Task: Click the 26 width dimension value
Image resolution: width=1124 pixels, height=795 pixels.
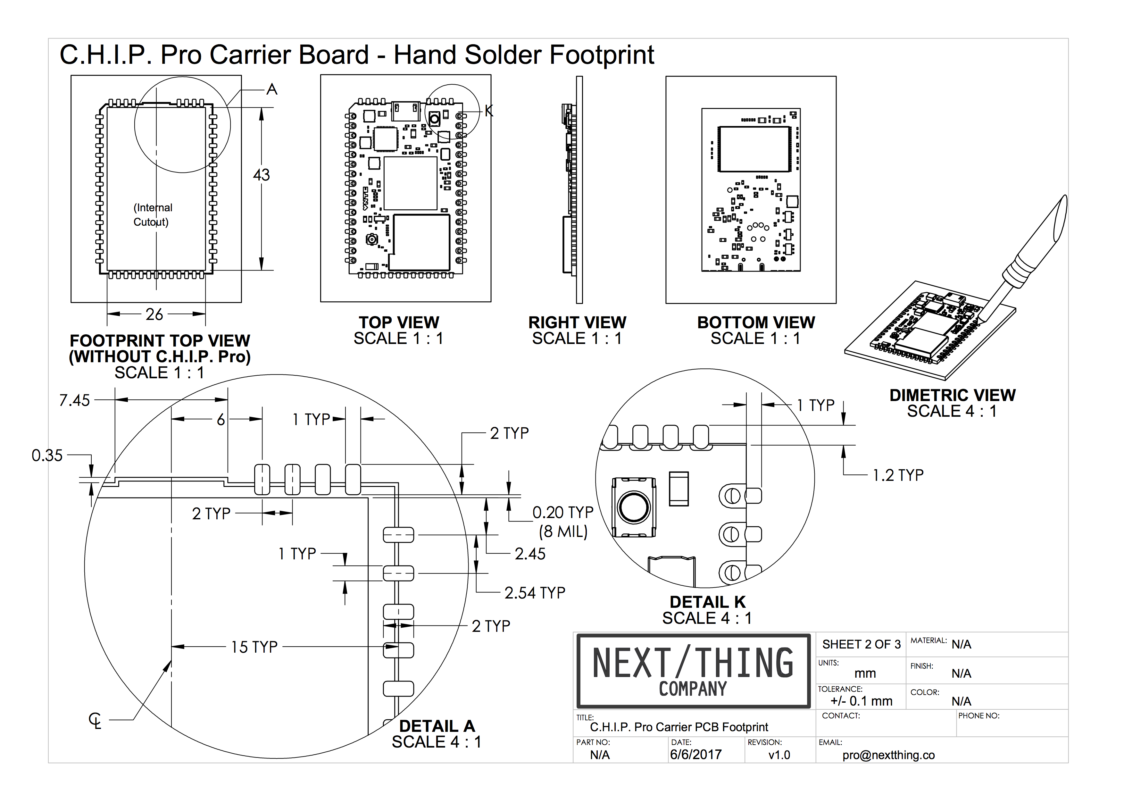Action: [154, 314]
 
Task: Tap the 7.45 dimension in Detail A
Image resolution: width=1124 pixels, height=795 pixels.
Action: [74, 400]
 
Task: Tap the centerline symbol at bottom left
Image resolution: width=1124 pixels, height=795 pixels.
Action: [96, 721]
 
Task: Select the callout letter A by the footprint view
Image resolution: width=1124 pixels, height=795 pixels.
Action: [272, 89]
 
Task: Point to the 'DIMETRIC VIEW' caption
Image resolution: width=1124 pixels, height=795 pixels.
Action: [952, 395]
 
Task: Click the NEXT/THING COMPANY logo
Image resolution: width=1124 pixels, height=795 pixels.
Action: [693, 671]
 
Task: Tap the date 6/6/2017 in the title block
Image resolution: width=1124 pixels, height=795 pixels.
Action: [695, 754]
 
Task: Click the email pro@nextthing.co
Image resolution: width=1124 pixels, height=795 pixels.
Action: [888, 755]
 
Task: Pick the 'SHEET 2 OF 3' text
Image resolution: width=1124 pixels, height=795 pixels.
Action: [861, 644]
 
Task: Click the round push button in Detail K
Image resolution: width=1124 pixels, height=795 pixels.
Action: [634, 507]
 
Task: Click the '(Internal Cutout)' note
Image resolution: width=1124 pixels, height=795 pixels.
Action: [152, 215]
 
